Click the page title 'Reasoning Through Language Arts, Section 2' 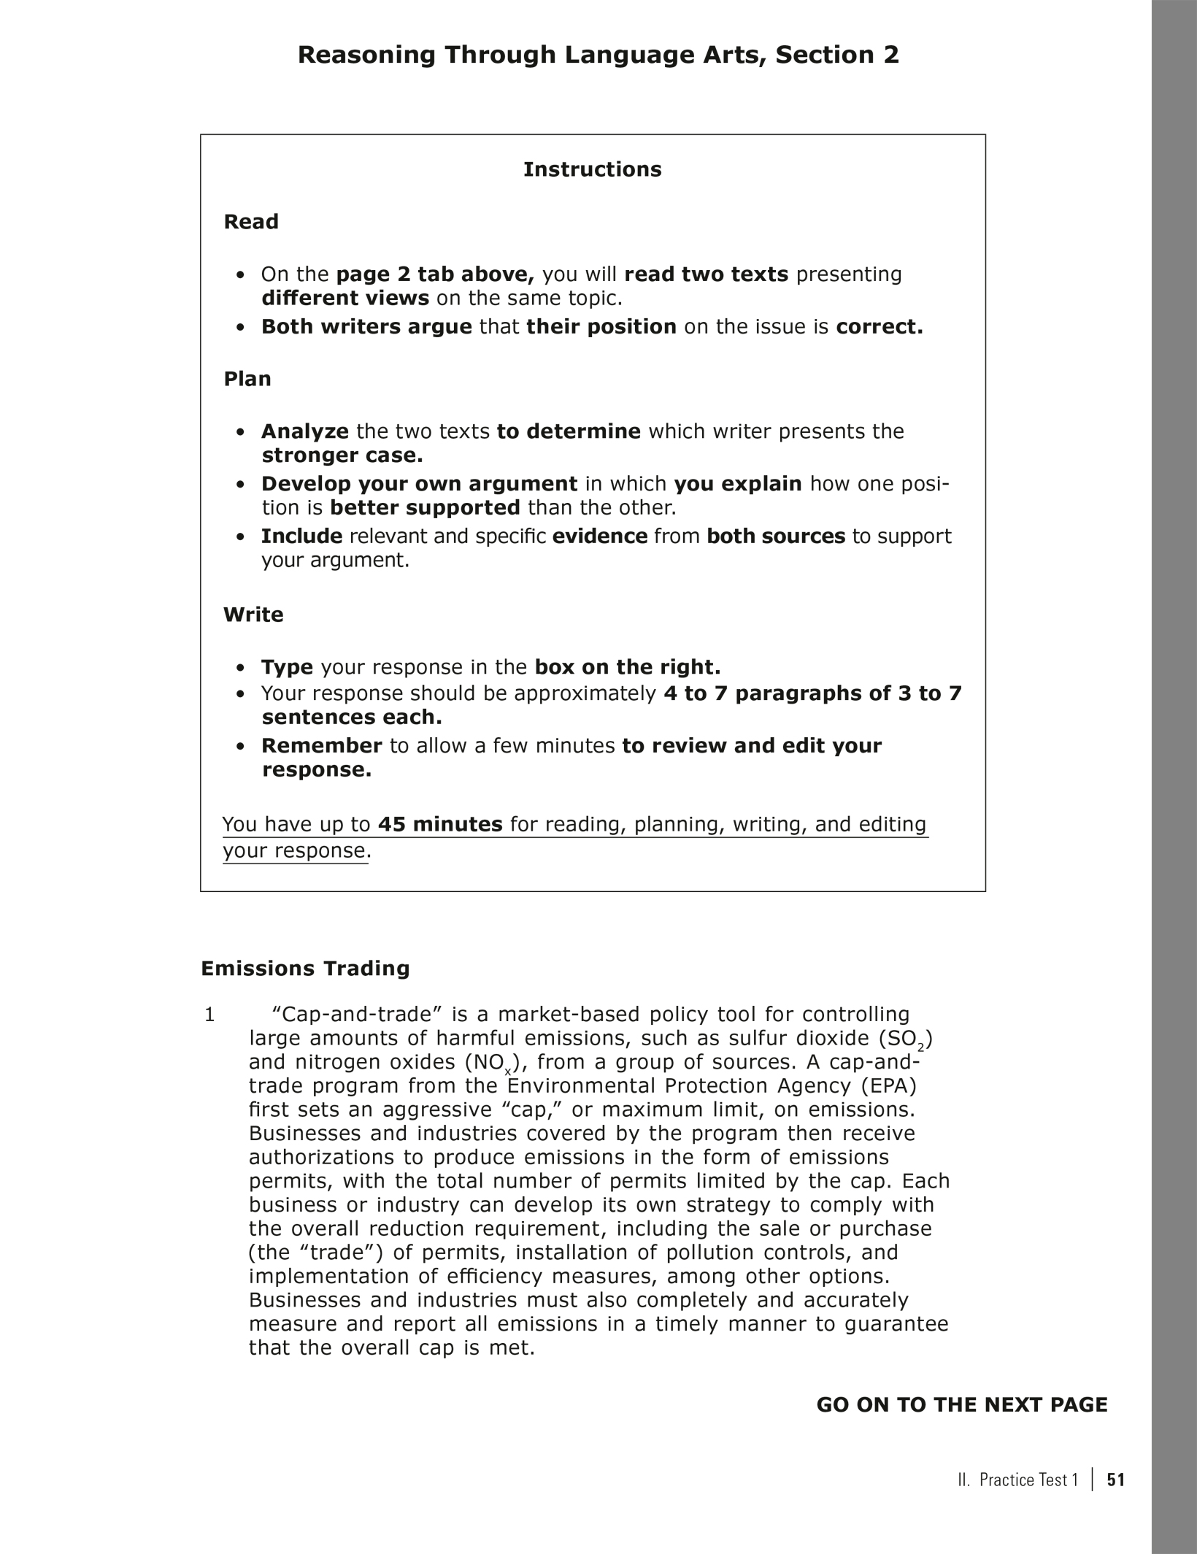(x=598, y=55)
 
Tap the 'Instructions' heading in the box (x=592, y=169)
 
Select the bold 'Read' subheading (x=251, y=222)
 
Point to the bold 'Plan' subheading (x=247, y=379)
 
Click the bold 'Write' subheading (x=253, y=615)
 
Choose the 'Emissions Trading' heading (x=305, y=969)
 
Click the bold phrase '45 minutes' (x=440, y=824)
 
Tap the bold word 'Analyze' (x=305, y=431)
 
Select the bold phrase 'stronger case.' (x=342, y=455)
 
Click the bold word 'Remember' (x=322, y=745)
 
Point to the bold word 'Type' (x=287, y=667)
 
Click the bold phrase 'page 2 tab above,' (x=435, y=274)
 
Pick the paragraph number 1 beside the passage (x=209, y=1015)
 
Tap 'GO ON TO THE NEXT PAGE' (x=961, y=1405)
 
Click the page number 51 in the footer (x=1116, y=1480)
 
